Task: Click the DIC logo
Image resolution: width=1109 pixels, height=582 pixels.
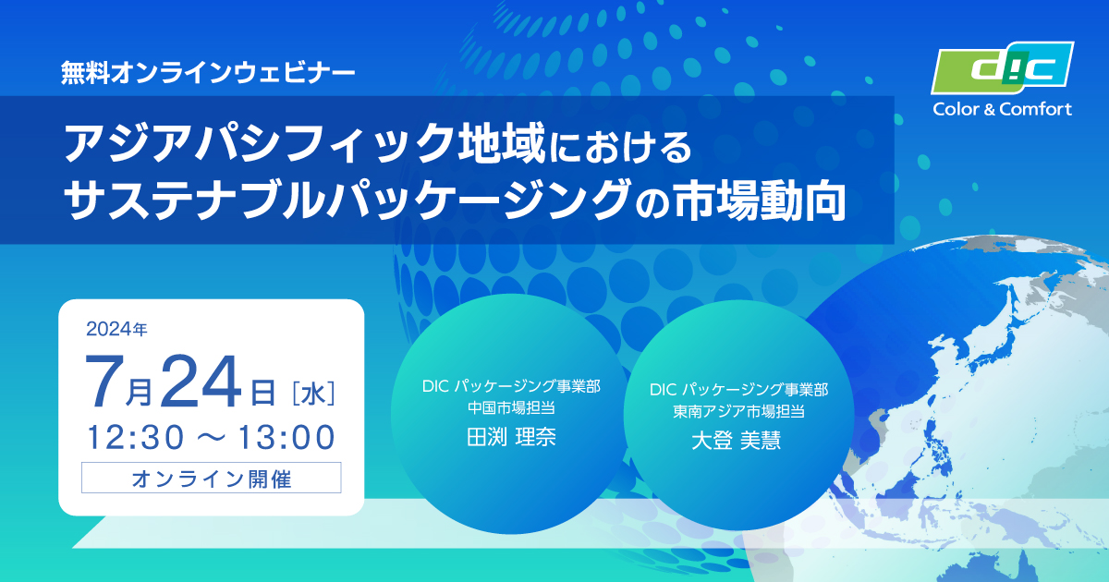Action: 1002,67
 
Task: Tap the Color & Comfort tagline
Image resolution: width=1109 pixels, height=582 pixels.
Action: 1002,109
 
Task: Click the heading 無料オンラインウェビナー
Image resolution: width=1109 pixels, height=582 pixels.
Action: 208,73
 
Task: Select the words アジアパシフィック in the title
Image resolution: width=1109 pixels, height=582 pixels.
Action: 258,143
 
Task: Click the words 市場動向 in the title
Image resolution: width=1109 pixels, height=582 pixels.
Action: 760,200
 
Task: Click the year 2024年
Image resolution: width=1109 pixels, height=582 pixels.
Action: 116,329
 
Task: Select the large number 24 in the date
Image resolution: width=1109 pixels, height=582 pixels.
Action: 201,382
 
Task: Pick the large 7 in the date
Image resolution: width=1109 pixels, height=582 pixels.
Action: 104,382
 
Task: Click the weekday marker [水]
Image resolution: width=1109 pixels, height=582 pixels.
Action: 314,394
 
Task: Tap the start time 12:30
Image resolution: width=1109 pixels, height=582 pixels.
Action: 135,438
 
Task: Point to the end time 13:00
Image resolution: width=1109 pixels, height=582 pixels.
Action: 286,438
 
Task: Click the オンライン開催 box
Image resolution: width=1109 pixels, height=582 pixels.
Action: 212,478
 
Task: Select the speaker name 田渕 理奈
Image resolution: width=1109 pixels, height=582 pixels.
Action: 511,436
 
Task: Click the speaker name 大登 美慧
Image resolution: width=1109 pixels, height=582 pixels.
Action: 737,440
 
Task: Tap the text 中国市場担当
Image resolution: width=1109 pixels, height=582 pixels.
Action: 511,407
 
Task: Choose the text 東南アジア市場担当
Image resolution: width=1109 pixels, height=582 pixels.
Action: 738,411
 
